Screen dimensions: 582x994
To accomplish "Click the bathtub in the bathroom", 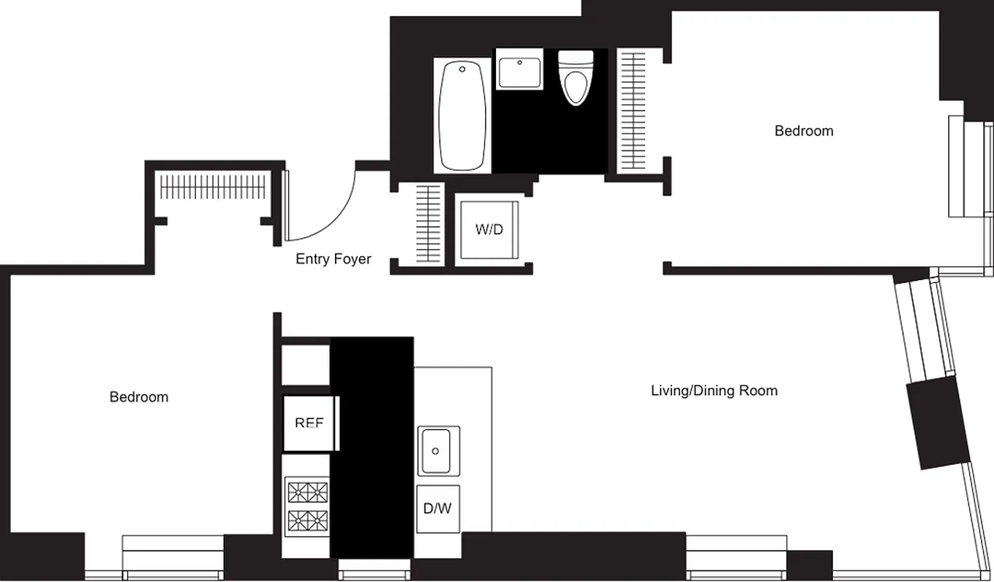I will point(462,115).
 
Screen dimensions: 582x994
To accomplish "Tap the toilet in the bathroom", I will point(575,78).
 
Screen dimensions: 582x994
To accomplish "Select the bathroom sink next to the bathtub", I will point(519,70).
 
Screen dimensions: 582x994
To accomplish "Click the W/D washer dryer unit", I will point(489,230).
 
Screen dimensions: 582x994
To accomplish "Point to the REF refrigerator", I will point(309,423).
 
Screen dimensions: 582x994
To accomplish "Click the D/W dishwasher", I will point(438,509).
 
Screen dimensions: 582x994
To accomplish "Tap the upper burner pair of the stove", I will point(308,493).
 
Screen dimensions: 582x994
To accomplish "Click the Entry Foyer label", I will point(334,259).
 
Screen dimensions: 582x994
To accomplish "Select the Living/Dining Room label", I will point(714,391).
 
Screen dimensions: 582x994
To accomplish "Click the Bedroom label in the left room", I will point(138,396).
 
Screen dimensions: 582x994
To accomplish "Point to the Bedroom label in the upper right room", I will point(803,131).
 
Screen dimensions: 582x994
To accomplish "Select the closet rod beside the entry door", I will point(211,187).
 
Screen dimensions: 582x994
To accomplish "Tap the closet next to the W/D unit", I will point(429,224).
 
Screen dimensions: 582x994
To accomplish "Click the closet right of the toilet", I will point(631,111).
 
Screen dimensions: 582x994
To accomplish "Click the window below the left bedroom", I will point(173,557).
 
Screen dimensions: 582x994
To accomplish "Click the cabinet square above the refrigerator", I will point(306,362).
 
